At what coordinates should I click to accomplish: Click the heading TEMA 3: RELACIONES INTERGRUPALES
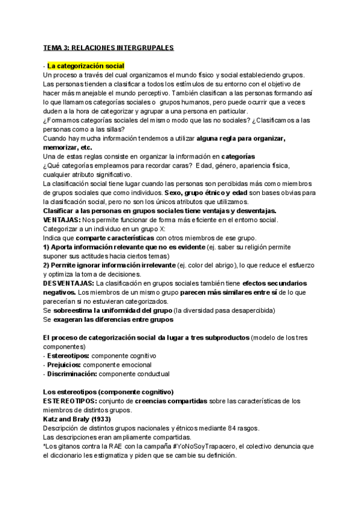108,47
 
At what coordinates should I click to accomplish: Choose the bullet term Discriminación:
71,373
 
